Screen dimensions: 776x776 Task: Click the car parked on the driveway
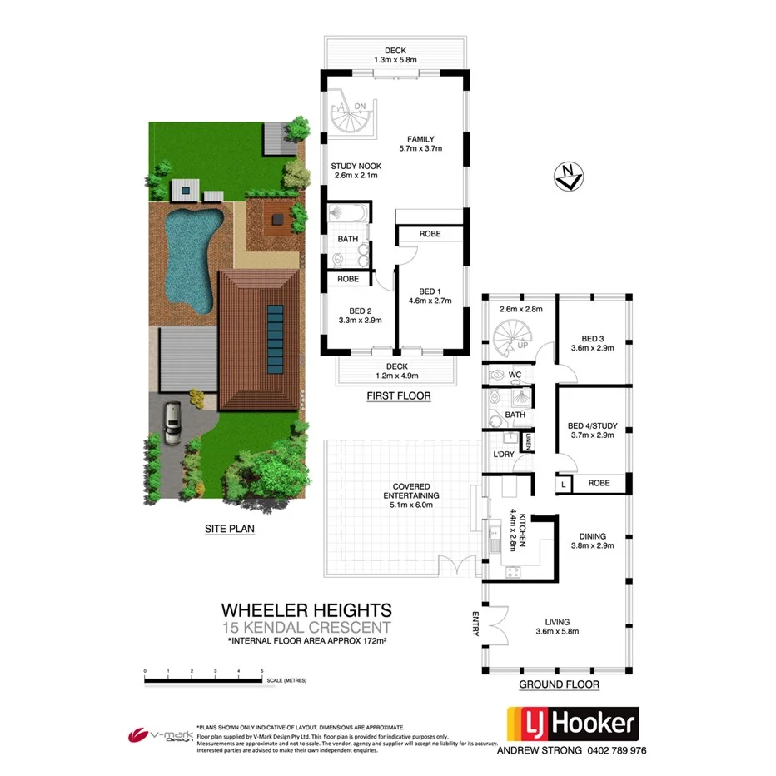[x=172, y=422]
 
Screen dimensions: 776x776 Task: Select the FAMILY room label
[x=420, y=139]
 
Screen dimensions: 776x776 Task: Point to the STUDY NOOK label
[x=354, y=166]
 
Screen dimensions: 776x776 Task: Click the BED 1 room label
[x=428, y=291]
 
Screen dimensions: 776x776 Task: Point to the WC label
[x=515, y=376]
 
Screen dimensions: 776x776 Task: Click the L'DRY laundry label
[x=503, y=455]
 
